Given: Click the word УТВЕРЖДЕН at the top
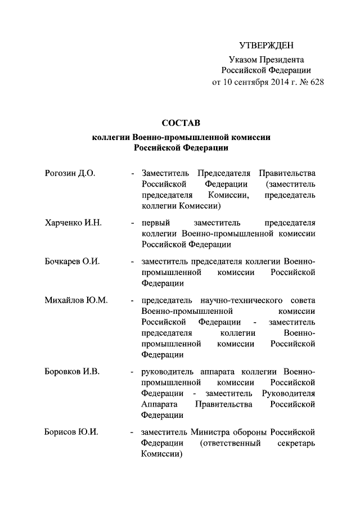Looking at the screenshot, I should (266, 45).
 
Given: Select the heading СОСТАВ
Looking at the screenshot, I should (181, 123).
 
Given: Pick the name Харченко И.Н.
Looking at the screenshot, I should (73, 222).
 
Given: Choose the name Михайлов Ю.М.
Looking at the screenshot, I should (76, 300).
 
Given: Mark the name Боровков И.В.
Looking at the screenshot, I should (72, 372).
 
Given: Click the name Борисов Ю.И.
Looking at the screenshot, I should (71, 432).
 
